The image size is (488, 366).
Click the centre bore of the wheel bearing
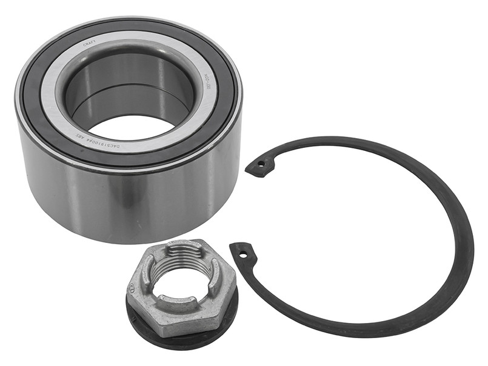(129, 124)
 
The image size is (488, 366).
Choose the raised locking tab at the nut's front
(182, 300)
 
